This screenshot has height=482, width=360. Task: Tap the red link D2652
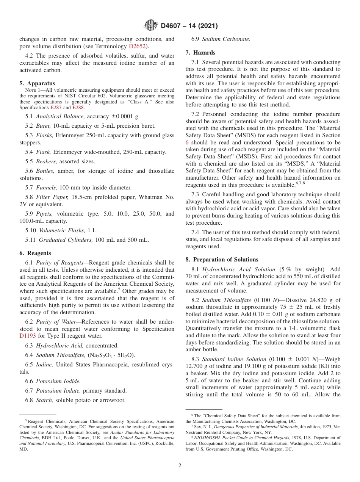coord(137,46)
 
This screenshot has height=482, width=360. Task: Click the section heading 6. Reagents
coord(35,253)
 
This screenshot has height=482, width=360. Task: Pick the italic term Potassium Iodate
coord(58,391)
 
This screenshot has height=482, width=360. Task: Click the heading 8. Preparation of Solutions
coord(222,260)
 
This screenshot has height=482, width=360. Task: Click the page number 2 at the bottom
coord(180,465)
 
